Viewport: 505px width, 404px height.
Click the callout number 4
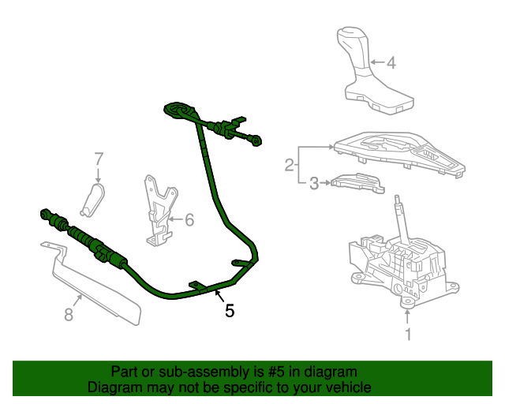tap(391, 62)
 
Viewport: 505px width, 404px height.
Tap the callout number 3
tap(313, 184)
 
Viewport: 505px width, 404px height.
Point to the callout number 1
tap(408, 335)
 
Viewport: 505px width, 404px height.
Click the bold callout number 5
tap(230, 311)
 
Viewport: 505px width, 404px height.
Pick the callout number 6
tap(189, 220)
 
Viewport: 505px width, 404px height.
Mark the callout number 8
tap(68, 315)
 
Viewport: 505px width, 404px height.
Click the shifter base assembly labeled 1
tap(395, 264)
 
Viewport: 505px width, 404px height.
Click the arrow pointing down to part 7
tap(99, 175)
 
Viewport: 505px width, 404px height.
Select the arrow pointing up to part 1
tap(408, 316)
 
